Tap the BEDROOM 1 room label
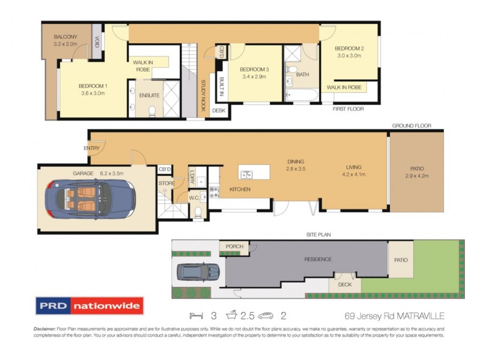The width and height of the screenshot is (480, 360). [x=92, y=89]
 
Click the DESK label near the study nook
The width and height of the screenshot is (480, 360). [x=218, y=110]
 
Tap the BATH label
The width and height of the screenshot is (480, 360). [x=302, y=74]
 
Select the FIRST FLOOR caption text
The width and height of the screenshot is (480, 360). [x=348, y=109]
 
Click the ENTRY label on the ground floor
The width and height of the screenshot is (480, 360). [x=92, y=148]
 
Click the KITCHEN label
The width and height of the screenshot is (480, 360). [x=239, y=190]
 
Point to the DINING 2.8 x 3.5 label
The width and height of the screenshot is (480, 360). [x=295, y=166]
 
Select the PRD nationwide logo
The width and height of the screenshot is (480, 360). [x=89, y=306]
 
